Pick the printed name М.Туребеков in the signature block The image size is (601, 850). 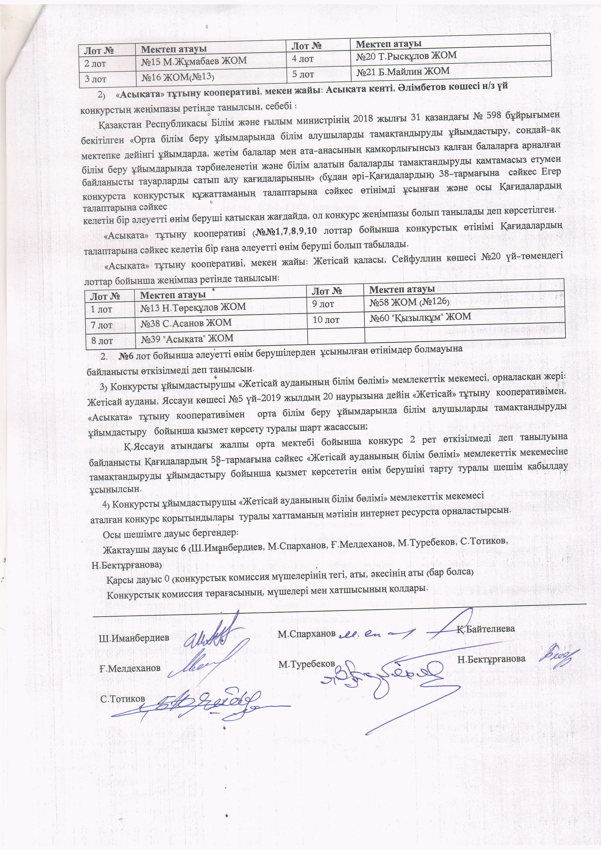pos(307,664)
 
